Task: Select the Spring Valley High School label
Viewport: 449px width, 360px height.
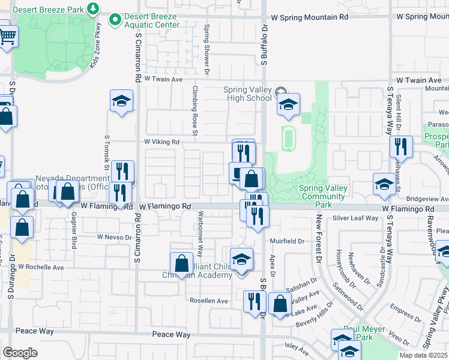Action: pyautogui.click(x=247, y=94)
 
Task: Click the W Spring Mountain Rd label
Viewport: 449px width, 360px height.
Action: pyautogui.click(x=309, y=18)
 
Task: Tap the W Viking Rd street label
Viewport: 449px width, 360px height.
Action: pyautogui.click(x=161, y=142)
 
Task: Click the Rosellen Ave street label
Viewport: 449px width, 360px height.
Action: pyautogui.click(x=209, y=301)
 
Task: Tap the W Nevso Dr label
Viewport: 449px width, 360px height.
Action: pyautogui.click(x=114, y=237)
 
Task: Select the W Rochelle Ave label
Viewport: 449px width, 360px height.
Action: pyautogui.click(x=41, y=267)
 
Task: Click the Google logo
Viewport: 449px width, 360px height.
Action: pyautogui.click(x=20, y=352)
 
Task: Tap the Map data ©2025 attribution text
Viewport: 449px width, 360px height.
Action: pyautogui.click(x=424, y=355)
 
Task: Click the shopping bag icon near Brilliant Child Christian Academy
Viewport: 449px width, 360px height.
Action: pyautogui.click(x=181, y=263)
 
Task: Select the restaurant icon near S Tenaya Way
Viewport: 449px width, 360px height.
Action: pyautogui.click(x=400, y=146)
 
